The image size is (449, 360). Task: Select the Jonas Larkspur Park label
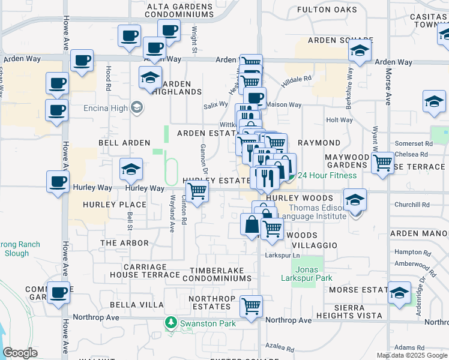[x=307, y=274]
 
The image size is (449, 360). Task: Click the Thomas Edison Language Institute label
[x=308, y=213]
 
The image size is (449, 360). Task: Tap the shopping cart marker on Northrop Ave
[x=252, y=306]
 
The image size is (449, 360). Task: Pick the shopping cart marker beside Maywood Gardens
[x=382, y=163]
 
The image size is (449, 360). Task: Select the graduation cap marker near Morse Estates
[x=399, y=292]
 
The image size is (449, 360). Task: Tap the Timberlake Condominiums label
[x=213, y=274]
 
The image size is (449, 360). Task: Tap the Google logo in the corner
[x=20, y=353]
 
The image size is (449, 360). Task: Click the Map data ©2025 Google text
[x=412, y=355]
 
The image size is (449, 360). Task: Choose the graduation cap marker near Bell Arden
[x=130, y=169]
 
